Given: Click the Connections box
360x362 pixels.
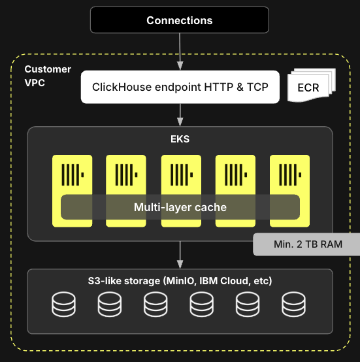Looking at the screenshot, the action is click(180, 20).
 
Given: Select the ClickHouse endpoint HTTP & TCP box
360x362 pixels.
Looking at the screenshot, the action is click(180, 87).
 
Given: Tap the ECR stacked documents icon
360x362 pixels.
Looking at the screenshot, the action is click(312, 85).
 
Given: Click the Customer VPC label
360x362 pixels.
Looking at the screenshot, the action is click(48, 76).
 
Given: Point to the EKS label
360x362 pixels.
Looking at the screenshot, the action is click(180, 139).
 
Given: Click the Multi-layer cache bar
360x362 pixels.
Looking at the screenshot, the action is click(180, 207).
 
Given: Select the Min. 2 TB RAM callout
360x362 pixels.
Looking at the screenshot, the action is click(306, 244).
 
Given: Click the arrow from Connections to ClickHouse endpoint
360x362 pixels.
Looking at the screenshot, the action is click(180, 52).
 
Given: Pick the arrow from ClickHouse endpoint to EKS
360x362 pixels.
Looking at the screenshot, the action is click(180, 115).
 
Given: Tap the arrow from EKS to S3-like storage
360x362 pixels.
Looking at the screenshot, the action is click(180, 255).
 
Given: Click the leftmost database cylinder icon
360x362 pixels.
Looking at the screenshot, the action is click(63, 304).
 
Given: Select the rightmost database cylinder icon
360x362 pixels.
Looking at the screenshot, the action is click(293, 304).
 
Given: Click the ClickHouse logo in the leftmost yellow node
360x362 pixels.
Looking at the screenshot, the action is click(73, 174).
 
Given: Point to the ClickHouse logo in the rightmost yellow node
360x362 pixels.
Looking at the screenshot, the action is click(290, 174).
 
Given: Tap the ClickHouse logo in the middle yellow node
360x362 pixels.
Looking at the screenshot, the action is click(182, 174).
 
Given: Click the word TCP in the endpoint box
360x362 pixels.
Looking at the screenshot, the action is click(257, 87).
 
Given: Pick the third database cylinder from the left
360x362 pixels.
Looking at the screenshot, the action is click(155, 304).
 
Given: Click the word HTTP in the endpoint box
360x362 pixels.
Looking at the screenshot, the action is click(219, 87).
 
